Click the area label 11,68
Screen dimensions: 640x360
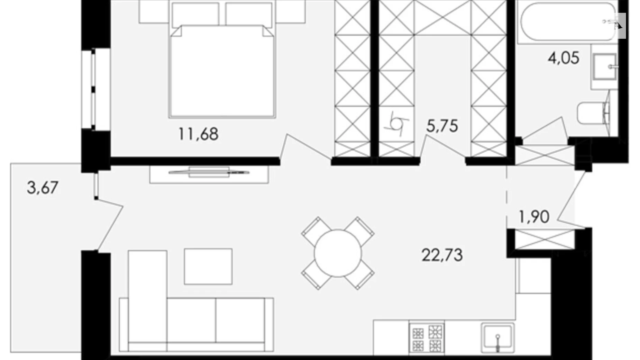198,134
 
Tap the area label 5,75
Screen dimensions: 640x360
442,126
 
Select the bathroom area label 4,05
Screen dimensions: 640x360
564,58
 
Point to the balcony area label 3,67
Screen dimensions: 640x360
43,188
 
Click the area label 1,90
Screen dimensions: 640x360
534,217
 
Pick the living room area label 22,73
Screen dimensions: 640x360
442,255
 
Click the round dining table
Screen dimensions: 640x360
338,253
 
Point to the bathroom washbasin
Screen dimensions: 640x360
604,66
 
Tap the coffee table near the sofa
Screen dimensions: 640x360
208,266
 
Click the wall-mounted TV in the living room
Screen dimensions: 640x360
209,172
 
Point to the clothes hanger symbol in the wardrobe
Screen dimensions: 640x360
396,123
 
